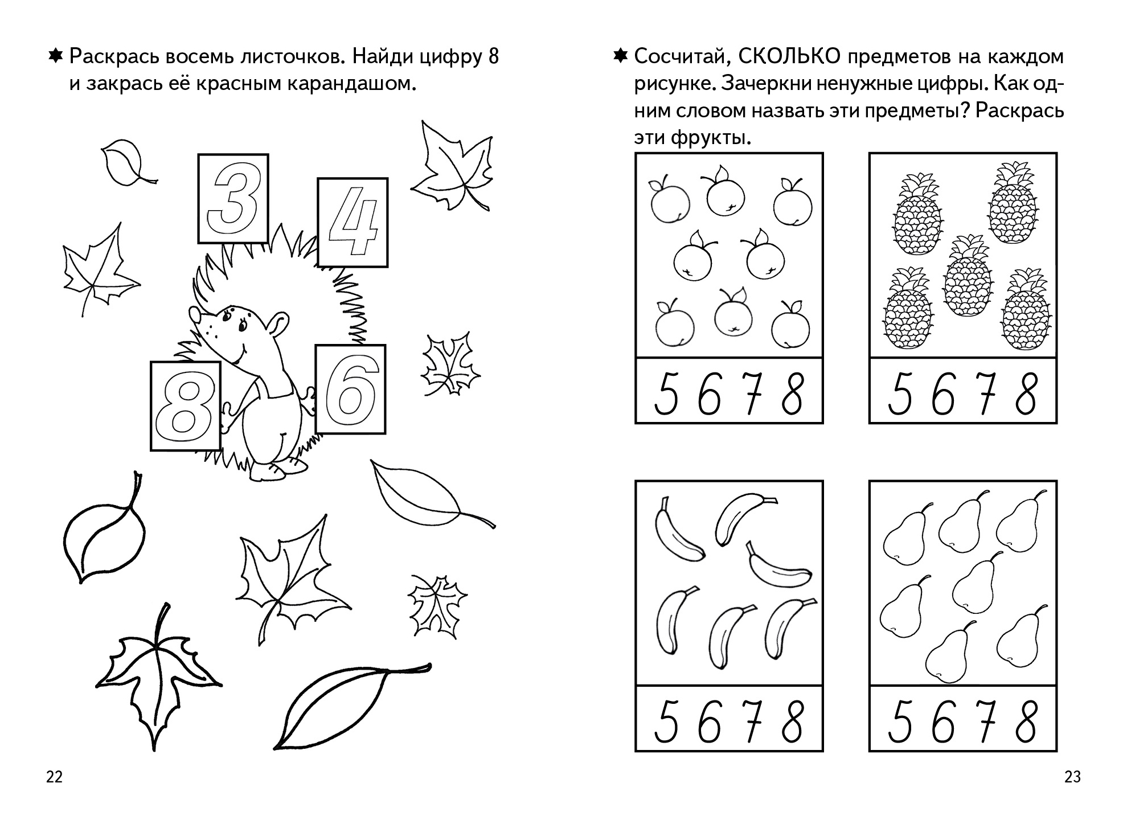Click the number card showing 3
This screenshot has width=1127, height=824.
tap(233, 198)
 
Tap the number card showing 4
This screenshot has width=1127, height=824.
tap(353, 222)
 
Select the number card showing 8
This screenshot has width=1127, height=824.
tap(186, 406)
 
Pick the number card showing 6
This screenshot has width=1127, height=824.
tap(350, 390)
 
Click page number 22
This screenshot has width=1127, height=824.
tap(54, 777)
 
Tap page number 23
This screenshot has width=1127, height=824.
tap(1072, 777)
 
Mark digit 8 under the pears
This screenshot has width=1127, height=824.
tap(1026, 721)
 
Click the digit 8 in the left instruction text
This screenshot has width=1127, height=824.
tap(493, 58)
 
